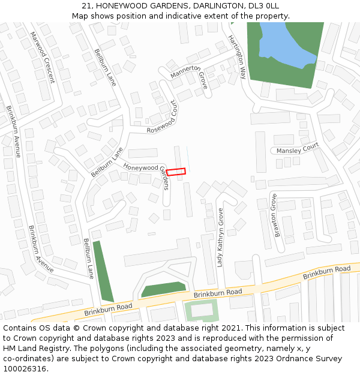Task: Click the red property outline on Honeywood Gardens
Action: [x=176, y=172]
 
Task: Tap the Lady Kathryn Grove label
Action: [x=220, y=238]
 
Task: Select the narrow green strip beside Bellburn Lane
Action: [x=103, y=271]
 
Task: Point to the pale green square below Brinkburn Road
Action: [x=201, y=311]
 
